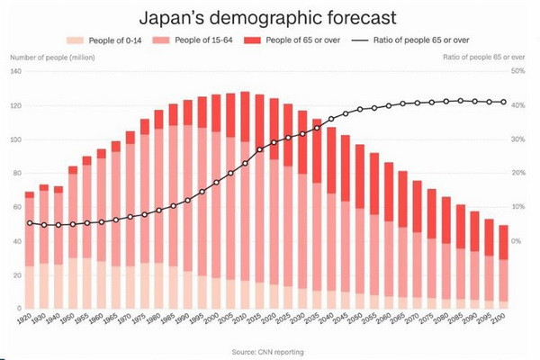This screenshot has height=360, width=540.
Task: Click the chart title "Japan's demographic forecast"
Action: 270,17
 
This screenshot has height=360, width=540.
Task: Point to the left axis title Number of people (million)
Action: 53,57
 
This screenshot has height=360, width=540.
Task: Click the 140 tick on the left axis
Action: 16,71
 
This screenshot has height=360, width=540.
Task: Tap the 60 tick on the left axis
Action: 17,208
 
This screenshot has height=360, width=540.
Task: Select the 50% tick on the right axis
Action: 517,71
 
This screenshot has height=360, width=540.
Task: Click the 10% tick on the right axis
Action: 517,207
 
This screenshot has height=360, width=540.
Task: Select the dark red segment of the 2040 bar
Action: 331,159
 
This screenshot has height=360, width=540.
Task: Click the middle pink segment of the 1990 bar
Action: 187,198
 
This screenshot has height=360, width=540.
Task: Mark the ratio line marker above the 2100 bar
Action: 502,102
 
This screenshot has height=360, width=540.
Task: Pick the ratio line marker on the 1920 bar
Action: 30,223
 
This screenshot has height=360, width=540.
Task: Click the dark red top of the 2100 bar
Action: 502,242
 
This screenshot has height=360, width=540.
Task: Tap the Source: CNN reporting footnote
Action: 270,349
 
